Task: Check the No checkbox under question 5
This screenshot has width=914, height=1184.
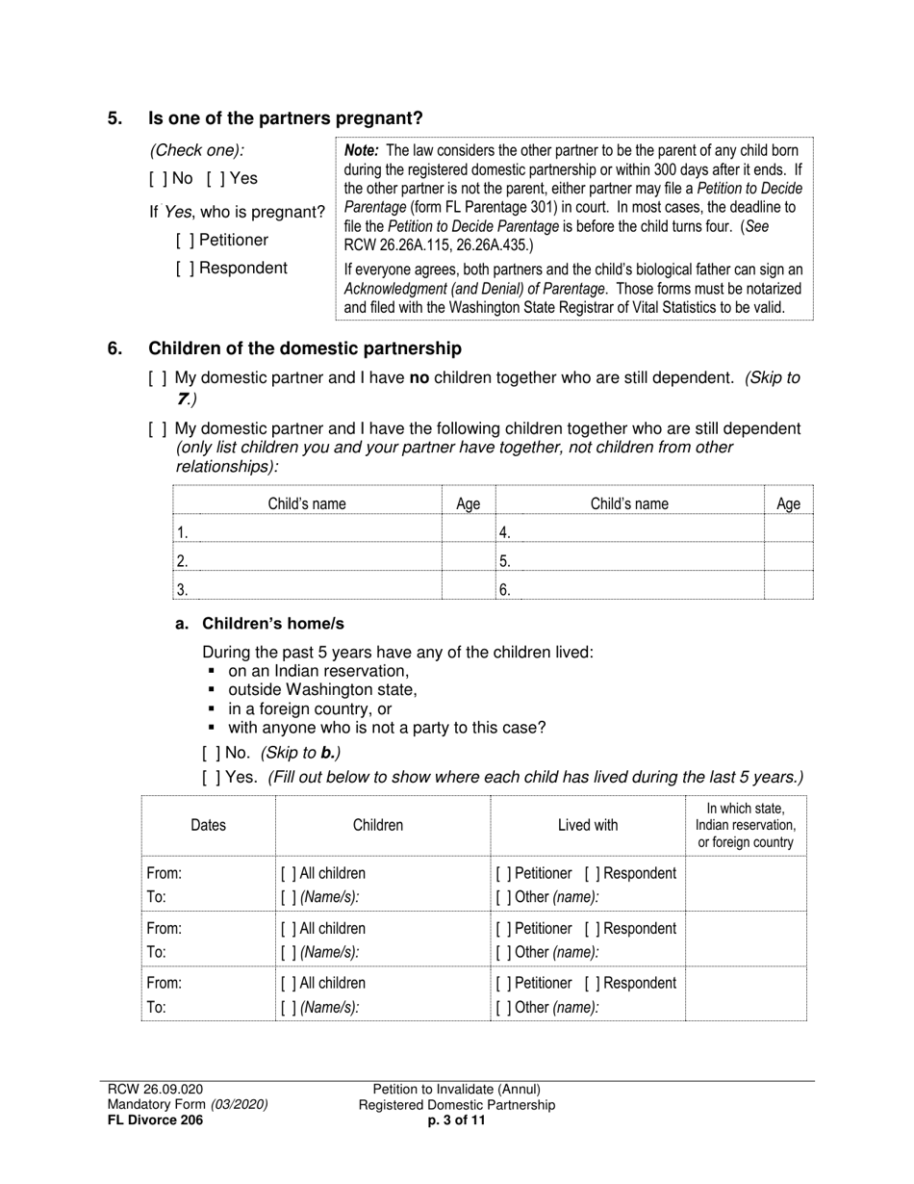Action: point(156,179)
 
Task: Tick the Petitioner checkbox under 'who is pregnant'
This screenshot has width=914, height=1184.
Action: point(183,241)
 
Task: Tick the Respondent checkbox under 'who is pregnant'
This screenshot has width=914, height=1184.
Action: point(183,269)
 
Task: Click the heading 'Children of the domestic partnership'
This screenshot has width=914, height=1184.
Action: point(304,348)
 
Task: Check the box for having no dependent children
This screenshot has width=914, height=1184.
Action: point(156,379)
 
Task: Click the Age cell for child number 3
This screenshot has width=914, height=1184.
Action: point(468,588)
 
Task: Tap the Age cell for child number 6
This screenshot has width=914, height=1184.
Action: point(788,588)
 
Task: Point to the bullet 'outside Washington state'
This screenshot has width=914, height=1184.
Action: point(322,690)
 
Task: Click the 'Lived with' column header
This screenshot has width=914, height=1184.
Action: point(588,825)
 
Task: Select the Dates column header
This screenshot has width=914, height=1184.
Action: point(209,825)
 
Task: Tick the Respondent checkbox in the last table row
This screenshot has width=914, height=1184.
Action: point(591,984)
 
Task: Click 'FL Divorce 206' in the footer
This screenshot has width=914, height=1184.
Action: point(155,1120)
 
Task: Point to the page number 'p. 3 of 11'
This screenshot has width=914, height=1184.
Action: point(457,1120)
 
